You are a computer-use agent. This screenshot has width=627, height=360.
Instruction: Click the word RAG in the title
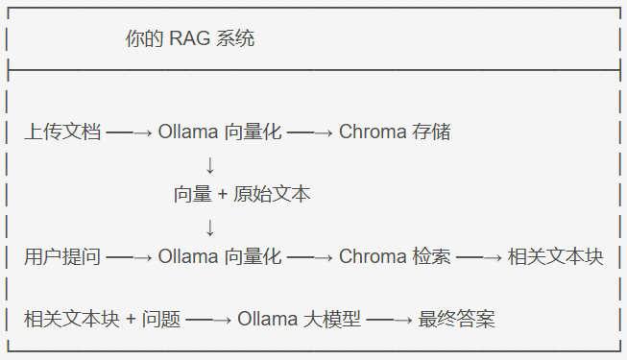pos(190,39)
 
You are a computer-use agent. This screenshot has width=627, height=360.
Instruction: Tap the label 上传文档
pos(62,132)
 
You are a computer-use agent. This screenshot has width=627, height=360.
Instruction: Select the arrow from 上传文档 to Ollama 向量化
pos(129,132)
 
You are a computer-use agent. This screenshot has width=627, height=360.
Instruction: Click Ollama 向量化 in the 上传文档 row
pos(220,132)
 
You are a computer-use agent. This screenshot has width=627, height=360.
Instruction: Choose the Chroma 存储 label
pos(395,132)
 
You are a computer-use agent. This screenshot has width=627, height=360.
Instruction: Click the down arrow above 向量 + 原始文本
pos(210,164)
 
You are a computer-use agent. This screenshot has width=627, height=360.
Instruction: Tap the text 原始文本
pos(272,194)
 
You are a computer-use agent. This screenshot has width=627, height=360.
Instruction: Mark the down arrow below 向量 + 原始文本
pos(210,228)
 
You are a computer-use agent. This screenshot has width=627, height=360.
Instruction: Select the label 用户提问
pos(62,257)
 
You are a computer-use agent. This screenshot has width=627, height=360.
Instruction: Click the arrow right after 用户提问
pos(129,258)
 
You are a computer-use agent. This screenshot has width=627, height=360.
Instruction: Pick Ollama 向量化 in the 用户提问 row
pos(220,257)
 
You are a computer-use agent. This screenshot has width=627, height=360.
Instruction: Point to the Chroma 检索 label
pos(395,257)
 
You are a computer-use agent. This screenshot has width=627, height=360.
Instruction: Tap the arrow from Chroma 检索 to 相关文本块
pos(479,258)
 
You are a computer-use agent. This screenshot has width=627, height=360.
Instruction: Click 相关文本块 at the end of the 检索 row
pos(556,257)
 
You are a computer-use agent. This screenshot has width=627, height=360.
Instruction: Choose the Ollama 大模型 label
pos(300,320)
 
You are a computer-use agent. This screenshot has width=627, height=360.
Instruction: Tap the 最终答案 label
pos(457,320)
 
